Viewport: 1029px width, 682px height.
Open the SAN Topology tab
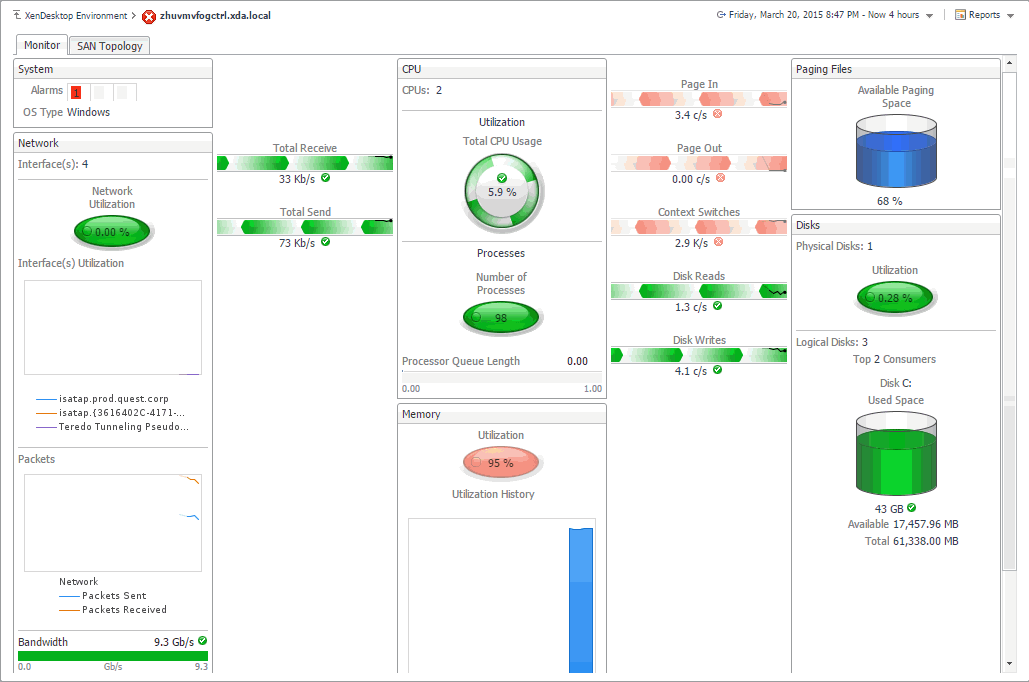tap(110, 46)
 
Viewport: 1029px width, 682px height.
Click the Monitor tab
tap(42, 45)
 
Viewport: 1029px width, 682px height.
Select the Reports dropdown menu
tap(983, 15)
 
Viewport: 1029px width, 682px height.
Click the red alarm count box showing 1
tap(76, 92)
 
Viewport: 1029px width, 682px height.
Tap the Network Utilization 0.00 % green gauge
tap(112, 231)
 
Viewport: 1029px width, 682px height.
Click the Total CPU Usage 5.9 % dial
tap(502, 190)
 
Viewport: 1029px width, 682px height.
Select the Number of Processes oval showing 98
tap(501, 318)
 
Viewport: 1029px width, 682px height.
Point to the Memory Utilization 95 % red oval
tap(501, 463)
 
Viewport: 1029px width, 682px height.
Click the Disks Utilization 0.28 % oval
tap(895, 297)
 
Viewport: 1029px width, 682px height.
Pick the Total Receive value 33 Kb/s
tap(298, 179)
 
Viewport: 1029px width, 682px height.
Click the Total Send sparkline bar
tap(305, 227)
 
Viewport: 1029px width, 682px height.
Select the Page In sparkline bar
tap(699, 99)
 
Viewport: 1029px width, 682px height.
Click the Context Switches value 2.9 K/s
tap(691, 243)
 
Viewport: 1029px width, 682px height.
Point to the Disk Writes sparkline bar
tap(699, 355)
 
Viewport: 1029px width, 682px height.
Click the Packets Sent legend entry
tap(114, 596)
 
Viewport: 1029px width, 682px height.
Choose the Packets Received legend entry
tap(124, 610)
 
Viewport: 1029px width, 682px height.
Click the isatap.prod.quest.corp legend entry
tap(113, 399)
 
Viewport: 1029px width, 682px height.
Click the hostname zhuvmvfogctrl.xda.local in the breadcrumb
tap(215, 16)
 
